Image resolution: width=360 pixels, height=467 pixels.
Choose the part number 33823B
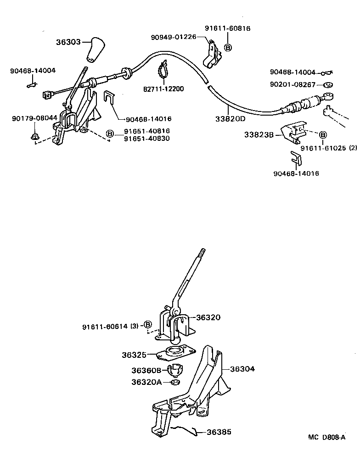click(259, 134)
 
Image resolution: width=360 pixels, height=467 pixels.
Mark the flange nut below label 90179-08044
click(35, 136)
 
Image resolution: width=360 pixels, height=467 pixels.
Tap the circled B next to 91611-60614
click(148, 325)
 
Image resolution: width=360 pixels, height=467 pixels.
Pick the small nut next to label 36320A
click(174, 382)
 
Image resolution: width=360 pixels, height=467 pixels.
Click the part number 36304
click(242, 368)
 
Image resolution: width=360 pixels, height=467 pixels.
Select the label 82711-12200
click(163, 89)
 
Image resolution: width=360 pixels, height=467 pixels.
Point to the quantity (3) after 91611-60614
click(134, 327)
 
